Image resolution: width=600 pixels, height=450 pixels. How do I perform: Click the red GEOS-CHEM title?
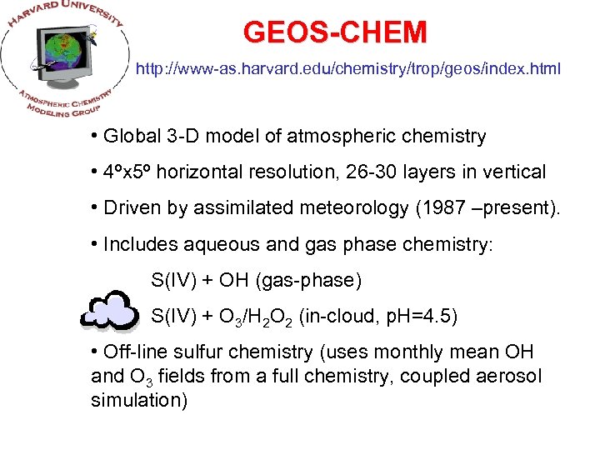pos(335,32)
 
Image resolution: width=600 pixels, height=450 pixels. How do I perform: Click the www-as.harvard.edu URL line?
pos(348,69)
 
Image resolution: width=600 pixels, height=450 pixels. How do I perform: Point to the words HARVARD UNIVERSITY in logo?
pos(62,17)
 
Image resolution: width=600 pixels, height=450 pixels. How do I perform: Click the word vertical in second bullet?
pos(514,172)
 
